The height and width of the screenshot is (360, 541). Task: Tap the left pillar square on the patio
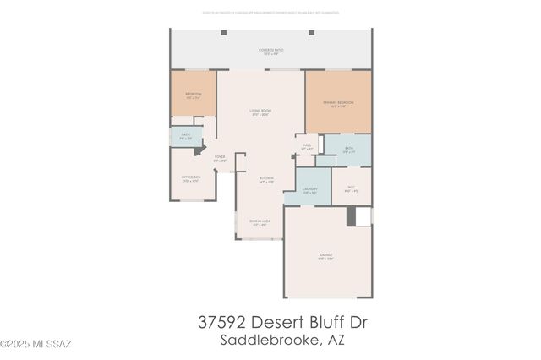coord(224,33)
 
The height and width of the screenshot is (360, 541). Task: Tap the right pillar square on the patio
coord(311,33)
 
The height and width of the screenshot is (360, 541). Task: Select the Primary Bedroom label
coord(338,104)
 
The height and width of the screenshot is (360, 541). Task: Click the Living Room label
coord(260,112)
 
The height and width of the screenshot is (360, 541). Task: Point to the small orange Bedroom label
coord(192,96)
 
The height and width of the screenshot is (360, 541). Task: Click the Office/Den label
coord(190,178)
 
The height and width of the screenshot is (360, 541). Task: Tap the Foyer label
coord(219,157)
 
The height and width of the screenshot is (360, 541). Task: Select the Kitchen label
coord(266,179)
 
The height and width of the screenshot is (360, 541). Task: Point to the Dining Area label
coord(259,223)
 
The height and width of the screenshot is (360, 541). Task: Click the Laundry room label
coord(309,190)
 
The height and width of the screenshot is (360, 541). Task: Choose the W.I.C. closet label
coord(352,190)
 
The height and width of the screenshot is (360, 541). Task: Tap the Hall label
coord(306,147)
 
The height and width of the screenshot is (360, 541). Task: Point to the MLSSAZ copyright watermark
coord(36,344)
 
